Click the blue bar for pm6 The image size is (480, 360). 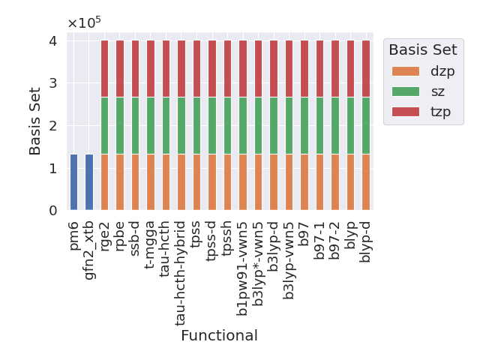tap(73, 182)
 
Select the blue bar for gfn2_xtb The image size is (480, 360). tap(89, 182)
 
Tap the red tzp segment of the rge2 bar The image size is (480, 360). tap(104, 68)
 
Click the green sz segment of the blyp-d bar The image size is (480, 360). tap(365, 125)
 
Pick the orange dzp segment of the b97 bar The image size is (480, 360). tap(304, 182)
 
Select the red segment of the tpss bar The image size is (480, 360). tap(196, 68)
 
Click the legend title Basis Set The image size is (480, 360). tap(423, 49)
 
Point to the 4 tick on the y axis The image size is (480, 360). tap(52, 40)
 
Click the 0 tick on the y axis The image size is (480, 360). tap(52, 211)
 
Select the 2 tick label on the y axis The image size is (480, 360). tap(52, 126)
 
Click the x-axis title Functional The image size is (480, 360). tap(219, 335)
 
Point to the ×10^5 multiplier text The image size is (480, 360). tap(84, 22)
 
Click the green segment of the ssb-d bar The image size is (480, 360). tap(135, 125)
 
